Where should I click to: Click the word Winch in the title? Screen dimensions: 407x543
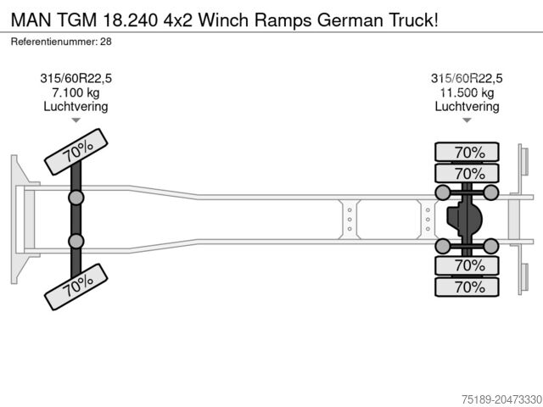218,17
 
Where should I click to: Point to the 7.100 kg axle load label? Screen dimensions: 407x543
76,92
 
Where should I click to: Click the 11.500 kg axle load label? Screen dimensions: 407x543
467,92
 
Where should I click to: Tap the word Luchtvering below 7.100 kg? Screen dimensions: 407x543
76,107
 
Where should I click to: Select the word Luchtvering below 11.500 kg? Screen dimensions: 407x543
467,107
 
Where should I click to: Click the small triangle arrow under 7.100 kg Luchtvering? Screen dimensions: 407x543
76,120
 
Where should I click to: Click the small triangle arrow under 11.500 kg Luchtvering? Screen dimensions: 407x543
467,120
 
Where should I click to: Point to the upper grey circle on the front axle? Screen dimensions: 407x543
76,198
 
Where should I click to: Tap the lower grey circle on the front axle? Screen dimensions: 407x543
76,242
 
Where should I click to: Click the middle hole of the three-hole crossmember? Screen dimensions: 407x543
349,220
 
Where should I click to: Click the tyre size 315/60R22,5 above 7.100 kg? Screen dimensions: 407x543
76,78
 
